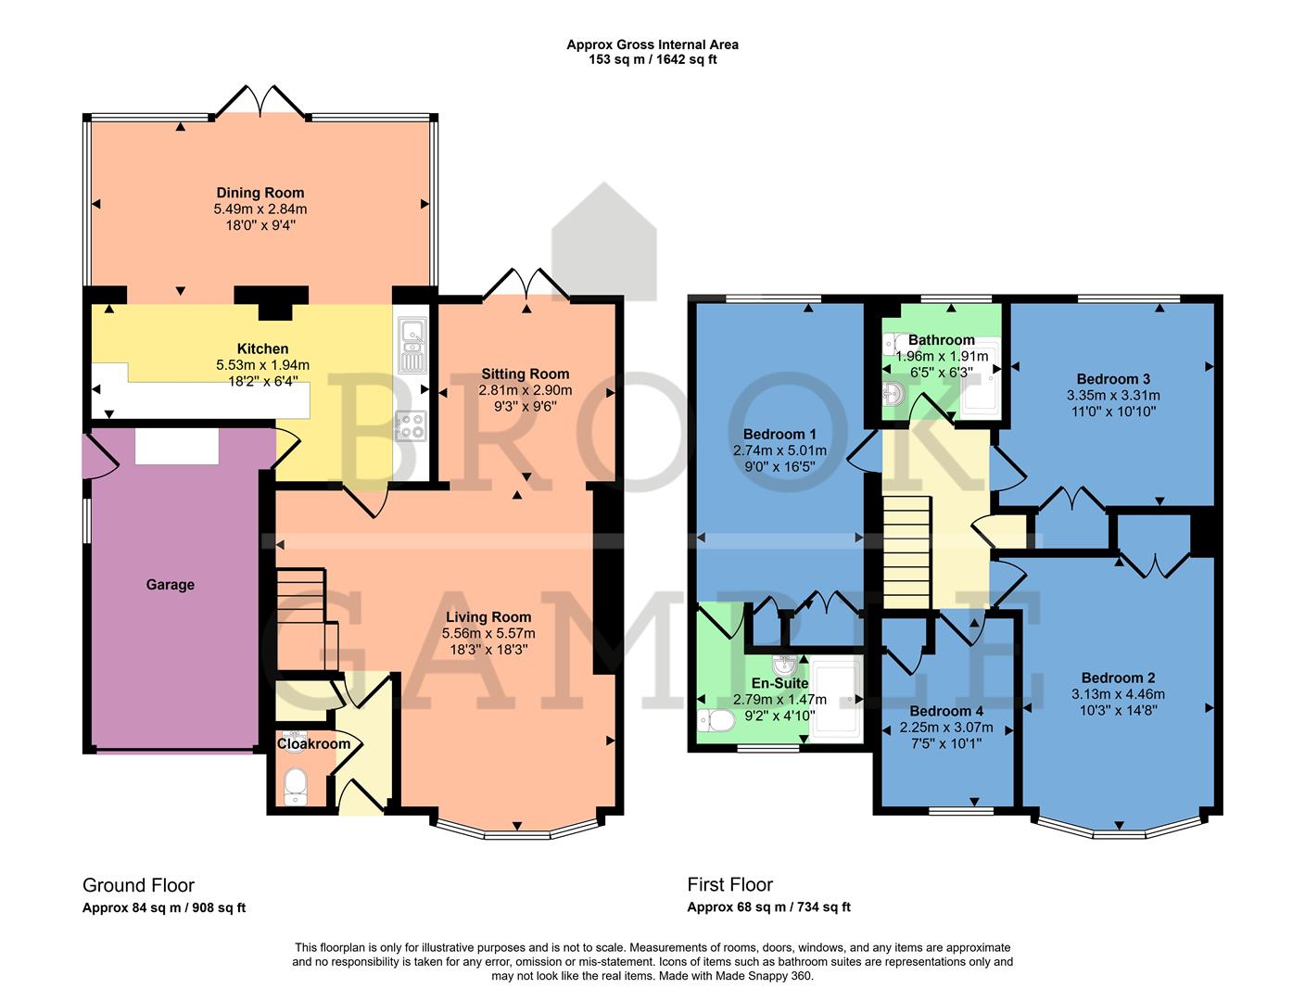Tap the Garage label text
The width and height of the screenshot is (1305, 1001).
click(170, 585)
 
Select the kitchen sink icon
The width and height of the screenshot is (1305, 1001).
click(412, 344)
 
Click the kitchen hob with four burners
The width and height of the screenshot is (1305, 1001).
click(412, 426)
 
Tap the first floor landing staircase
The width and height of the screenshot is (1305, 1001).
click(905, 551)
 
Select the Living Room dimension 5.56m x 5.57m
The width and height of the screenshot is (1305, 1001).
click(488, 633)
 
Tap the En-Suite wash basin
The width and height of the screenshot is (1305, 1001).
click(786, 666)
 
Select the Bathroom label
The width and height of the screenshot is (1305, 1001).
click(941, 340)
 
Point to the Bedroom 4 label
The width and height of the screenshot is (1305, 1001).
click(933, 712)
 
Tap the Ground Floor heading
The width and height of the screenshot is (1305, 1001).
click(138, 885)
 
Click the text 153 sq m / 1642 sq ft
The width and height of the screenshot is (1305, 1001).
click(652, 59)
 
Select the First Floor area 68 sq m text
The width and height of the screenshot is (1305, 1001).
click(768, 907)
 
